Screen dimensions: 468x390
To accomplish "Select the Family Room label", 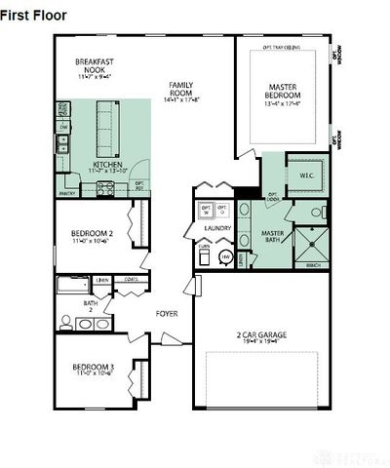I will pyautogui.click(x=184, y=90).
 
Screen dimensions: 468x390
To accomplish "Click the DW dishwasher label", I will pyautogui.click(x=63, y=127).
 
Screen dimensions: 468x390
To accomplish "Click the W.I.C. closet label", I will pyautogui.click(x=305, y=175).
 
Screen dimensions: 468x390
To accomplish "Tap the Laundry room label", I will pyautogui.click(x=217, y=228).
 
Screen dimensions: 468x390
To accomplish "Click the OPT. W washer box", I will pyautogui.click(x=206, y=209).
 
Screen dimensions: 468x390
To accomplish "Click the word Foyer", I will pyautogui.click(x=167, y=313).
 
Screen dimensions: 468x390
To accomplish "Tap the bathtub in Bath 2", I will pyautogui.click(x=73, y=287).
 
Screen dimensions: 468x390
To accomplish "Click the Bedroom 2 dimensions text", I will pyautogui.click(x=91, y=241).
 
